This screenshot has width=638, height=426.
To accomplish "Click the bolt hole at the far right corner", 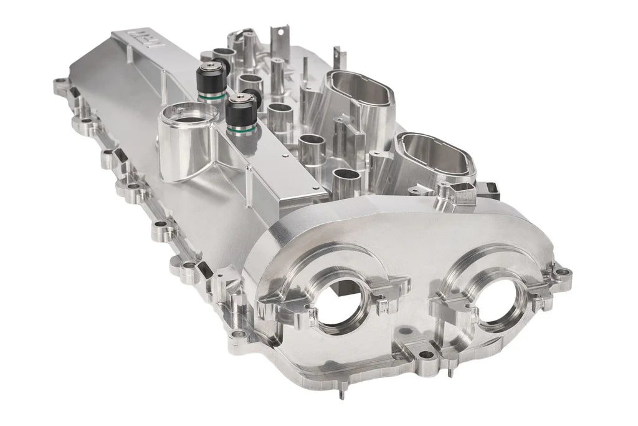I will [x=564, y=273].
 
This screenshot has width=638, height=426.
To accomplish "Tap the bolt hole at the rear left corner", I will [x=60, y=82].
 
